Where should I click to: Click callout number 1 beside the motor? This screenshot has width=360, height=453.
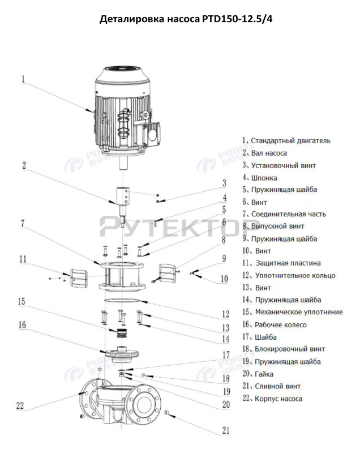pyautogui.click(x=24, y=80)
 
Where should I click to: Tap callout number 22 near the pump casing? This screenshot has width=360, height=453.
pyautogui.click(x=20, y=405)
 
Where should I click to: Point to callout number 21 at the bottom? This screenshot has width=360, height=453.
pyautogui.click(x=225, y=431)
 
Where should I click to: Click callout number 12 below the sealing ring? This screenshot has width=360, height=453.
pyautogui.click(x=225, y=314)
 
